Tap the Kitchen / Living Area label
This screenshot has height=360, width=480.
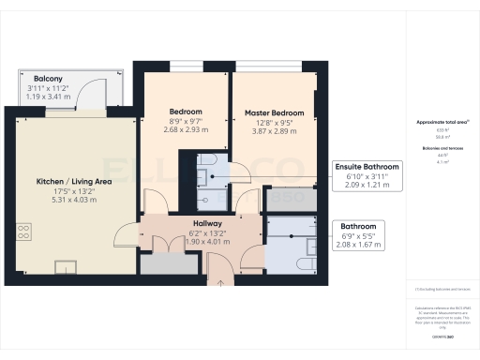[x=74, y=180]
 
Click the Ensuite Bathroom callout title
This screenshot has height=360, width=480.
[x=367, y=166]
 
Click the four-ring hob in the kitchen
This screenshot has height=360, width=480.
[x=23, y=233]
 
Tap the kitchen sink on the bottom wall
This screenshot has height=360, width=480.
[x=66, y=266]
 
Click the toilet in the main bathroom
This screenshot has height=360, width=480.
[x=305, y=247]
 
